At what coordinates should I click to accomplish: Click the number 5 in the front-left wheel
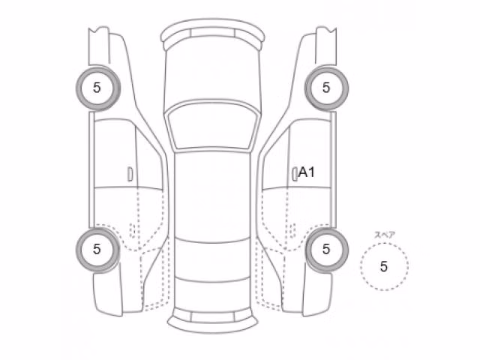tap(97, 88)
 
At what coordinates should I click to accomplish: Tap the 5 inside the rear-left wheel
tap(97, 249)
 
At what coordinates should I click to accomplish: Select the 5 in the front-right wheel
tap(326, 88)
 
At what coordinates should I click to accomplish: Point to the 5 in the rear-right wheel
tap(326, 249)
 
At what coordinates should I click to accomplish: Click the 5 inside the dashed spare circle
tap(383, 267)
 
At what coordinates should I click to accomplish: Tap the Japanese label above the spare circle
tap(385, 235)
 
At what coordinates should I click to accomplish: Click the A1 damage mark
tap(307, 172)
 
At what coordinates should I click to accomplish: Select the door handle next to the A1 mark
tap(295, 174)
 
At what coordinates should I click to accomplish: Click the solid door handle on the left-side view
tap(130, 174)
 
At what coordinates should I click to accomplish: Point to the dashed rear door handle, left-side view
tap(132, 230)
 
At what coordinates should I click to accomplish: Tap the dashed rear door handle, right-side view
tap(292, 230)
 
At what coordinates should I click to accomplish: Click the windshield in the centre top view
tap(213, 126)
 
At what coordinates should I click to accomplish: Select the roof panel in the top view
tap(212, 196)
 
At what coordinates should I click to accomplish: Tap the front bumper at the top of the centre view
tap(213, 32)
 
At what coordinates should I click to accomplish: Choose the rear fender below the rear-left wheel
tap(109, 294)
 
